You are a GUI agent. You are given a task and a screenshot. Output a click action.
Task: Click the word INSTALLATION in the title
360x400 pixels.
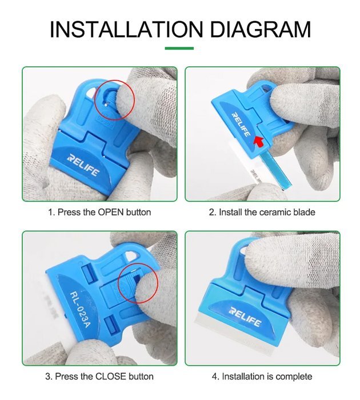tap(126, 29)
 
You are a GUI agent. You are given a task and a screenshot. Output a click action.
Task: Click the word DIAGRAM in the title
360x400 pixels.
tap(261, 29)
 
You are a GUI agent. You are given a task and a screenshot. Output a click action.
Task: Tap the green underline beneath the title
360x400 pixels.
tap(179, 48)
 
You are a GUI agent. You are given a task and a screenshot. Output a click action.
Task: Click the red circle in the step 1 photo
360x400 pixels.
tap(95, 100)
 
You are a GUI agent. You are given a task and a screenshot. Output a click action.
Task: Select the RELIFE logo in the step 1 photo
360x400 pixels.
tap(83, 165)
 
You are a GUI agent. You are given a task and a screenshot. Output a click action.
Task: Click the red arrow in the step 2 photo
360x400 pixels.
tap(259, 141)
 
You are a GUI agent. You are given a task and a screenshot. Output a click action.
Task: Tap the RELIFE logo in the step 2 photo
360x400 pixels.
tap(241, 124)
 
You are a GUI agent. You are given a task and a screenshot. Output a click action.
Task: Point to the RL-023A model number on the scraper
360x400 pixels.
tap(80, 310)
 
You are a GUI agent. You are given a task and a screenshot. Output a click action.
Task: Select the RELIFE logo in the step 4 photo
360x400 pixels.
tap(245, 317)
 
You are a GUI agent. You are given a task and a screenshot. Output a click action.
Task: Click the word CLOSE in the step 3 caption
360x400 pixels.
tap(111, 377)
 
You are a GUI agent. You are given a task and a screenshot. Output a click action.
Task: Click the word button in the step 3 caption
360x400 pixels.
tap(141, 377)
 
